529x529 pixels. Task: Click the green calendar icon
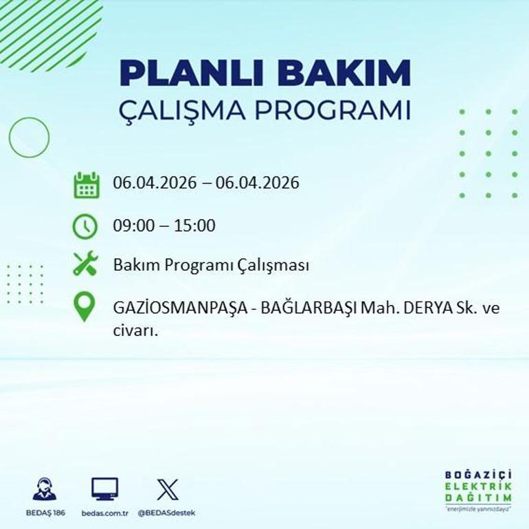(x=87, y=185)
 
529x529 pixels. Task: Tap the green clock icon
(x=85, y=226)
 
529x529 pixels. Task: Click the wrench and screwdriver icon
(x=86, y=264)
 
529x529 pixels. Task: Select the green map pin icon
(x=85, y=307)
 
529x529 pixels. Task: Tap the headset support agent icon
(x=45, y=488)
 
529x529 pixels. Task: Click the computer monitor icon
(x=104, y=488)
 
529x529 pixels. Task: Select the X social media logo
(x=167, y=489)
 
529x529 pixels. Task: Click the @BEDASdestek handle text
(x=166, y=513)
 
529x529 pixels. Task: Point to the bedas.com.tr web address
(x=104, y=513)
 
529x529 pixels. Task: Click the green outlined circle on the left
(x=29, y=137)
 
